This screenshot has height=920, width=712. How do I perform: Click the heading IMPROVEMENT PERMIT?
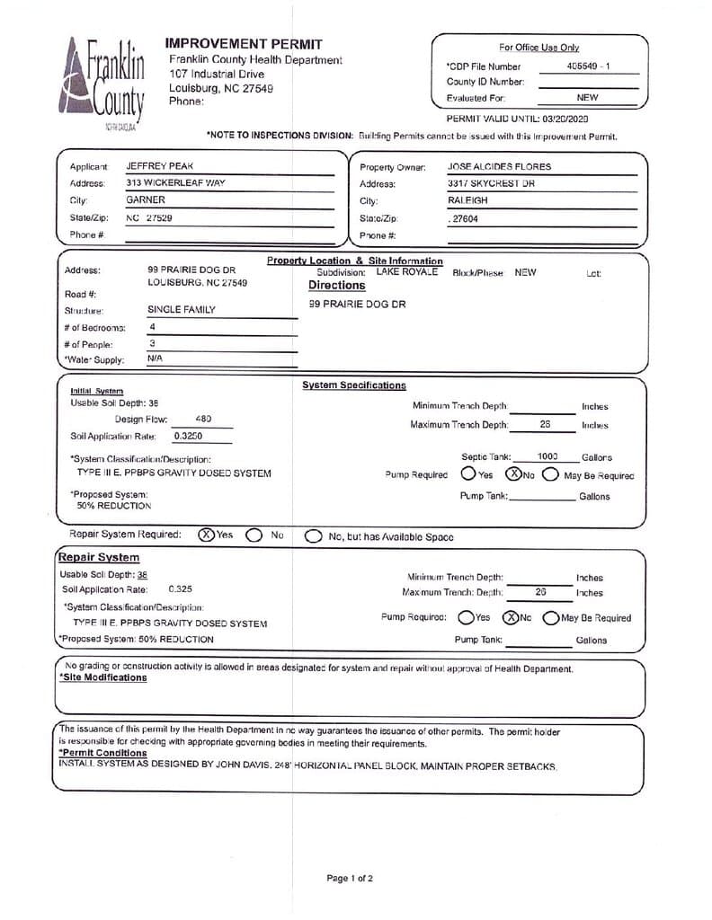[244, 43]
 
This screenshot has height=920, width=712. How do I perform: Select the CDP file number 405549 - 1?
[589, 66]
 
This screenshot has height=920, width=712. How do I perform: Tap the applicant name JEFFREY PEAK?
[159, 166]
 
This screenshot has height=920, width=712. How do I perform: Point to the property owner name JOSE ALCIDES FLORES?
[499, 166]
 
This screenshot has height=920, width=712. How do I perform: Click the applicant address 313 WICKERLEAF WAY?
[175, 182]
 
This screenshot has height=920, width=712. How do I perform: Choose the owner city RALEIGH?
[467, 200]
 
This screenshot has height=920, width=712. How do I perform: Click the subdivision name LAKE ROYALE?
[407, 271]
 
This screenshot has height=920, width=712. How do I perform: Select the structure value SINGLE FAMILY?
[182, 309]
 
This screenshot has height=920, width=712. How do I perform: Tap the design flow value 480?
[203, 419]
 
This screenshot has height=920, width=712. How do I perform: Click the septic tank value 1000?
[547, 457]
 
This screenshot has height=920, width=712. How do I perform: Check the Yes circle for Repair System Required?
[206, 535]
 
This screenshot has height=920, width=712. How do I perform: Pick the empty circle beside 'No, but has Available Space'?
[313, 536]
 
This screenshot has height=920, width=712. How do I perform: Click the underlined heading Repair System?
[99, 557]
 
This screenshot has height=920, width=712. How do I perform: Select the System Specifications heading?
[353, 385]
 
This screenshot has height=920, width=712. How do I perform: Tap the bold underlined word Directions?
[337, 286]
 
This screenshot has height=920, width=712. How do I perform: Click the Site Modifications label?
[102, 677]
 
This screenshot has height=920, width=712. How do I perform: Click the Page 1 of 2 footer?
[350, 878]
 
